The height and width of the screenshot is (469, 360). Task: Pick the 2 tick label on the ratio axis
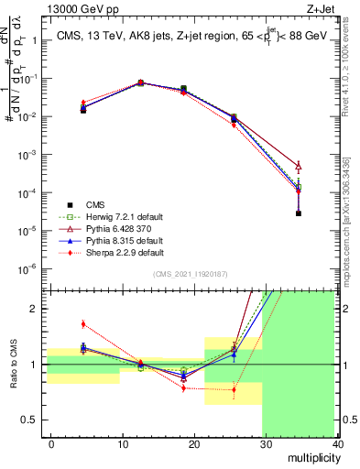pos(35,309)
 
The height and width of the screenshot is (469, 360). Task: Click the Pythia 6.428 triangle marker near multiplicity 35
pos(299,166)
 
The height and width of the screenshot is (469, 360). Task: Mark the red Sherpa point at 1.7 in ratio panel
pos(83,323)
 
